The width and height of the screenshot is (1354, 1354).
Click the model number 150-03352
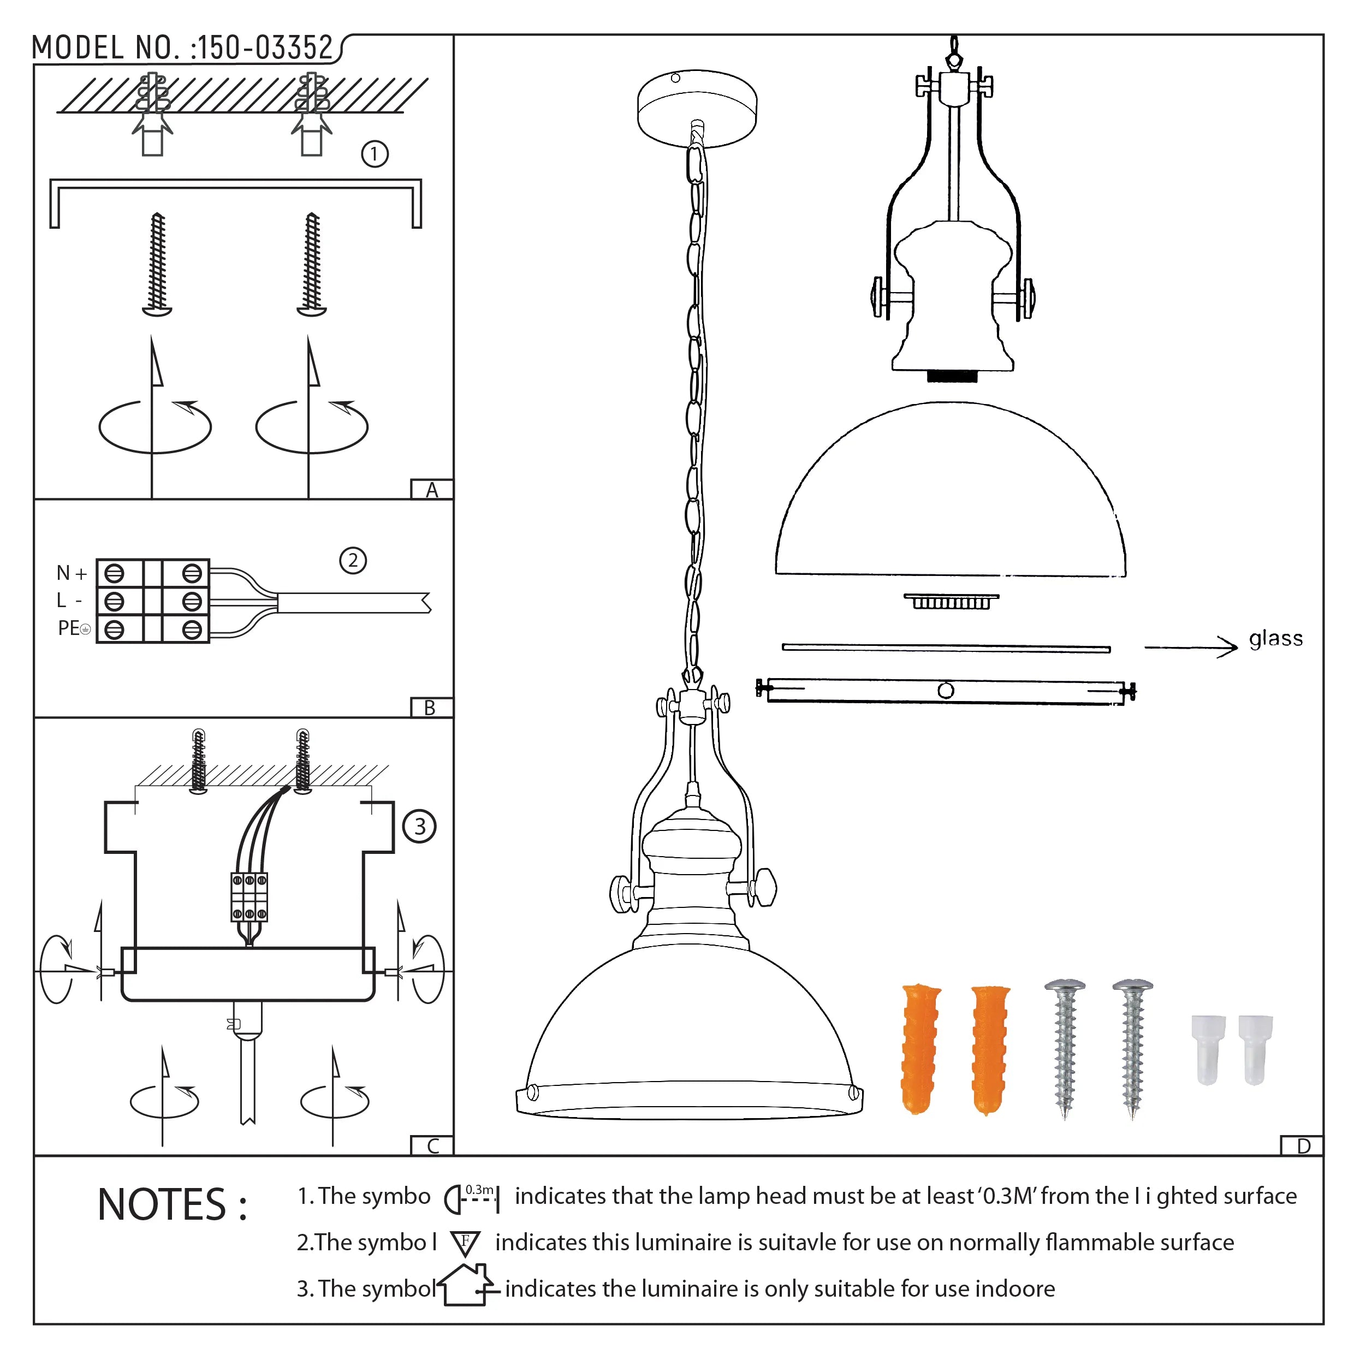[x=265, y=47]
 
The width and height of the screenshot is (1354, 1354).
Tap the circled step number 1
[x=374, y=154]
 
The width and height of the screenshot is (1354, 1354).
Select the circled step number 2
[x=353, y=561]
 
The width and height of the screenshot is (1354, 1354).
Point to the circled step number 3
[x=419, y=826]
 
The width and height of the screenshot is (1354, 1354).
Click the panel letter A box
[x=432, y=490]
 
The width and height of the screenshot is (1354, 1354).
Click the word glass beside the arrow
[x=1275, y=638]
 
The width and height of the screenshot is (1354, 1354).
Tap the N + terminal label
[x=72, y=573]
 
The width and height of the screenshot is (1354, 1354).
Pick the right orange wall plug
[x=990, y=1049]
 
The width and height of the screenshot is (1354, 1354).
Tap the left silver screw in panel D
[x=1065, y=1048]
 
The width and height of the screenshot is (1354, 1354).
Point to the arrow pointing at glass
[x=1191, y=647]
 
